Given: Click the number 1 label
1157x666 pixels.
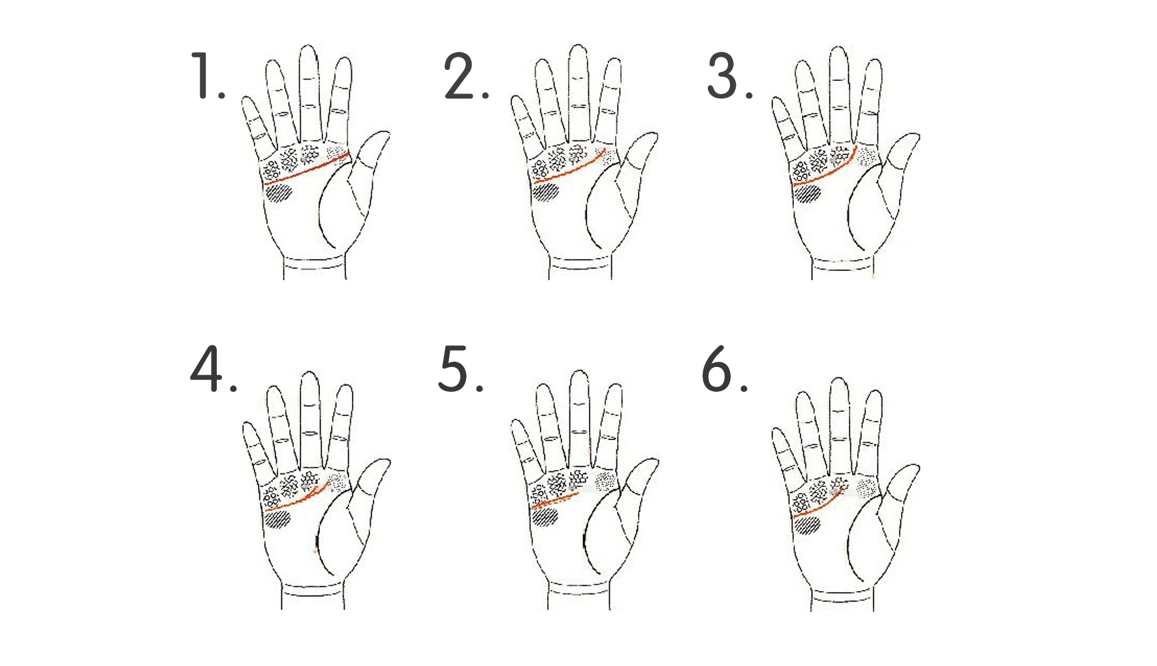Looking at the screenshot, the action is click(x=208, y=76).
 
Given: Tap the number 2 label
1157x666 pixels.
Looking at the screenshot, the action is click(x=466, y=76).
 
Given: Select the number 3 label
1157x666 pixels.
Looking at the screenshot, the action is click(x=730, y=76).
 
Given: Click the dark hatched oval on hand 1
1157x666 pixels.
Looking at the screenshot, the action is click(x=279, y=193).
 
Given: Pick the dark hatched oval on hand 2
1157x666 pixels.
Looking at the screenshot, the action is click(x=547, y=192).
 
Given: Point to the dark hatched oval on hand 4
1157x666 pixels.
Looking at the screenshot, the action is click(x=278, y=519).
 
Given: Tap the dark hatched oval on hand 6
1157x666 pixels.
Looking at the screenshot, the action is click(x=807, y=524).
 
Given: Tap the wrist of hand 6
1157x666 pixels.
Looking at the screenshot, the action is click(x=842, y=597).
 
